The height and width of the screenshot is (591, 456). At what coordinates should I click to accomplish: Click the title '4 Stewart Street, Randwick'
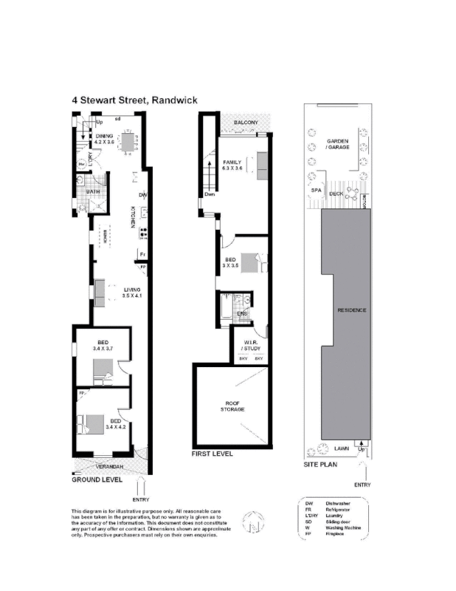(x=134, y=100)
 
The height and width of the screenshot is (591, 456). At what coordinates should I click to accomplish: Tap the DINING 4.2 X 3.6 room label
(x=103, y=140)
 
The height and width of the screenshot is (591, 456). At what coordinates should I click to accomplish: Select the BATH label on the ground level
(x=92, y=191)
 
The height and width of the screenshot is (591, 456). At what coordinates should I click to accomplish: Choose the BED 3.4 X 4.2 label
(x=115, y=425)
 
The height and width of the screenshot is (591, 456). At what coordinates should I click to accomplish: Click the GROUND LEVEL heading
(x=97, y=479)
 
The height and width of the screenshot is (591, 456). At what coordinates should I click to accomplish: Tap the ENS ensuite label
(x=241, y=314)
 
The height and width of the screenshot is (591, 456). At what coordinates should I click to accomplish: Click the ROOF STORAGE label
(x=235, y=406)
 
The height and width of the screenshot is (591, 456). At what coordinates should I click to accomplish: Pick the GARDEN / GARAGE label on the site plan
(x=337, y=144)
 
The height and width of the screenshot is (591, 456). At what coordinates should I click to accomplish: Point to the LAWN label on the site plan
(x=342, y=448)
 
